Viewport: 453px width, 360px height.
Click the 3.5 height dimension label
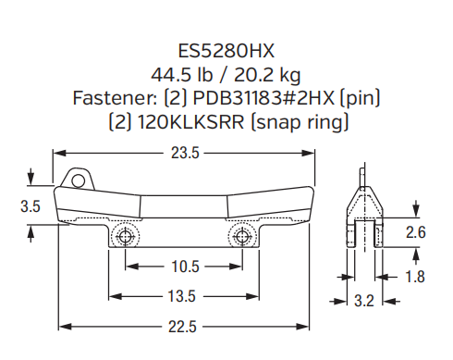[x=31, y=208]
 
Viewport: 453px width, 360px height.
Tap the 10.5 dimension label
[x=185, y=267]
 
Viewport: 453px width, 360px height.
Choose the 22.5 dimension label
[x=185, y=326]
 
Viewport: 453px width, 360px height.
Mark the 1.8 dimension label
[x=415, y=276]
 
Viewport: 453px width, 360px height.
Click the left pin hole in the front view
[x=127, y=237]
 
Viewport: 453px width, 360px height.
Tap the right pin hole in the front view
[x=242, y=237]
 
